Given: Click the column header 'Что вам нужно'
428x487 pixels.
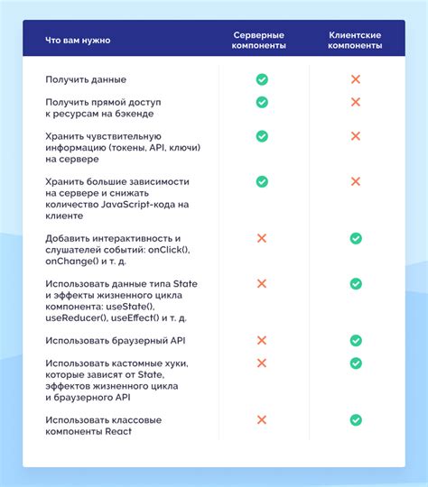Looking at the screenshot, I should pyautogui.click(x=79, y=41).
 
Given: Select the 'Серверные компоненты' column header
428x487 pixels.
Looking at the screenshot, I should pyautogui.click(x=261, y=41).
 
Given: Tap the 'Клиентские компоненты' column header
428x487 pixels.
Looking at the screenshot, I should pyautogui.click(x=355, y=41).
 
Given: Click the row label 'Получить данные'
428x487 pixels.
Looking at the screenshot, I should pyautogui.click(x=86, y=80).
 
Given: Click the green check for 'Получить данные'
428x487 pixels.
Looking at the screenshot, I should pyautogui.click(x=262, y=80).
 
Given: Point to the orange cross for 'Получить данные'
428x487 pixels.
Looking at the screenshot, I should pyautogui.click(x=356, y=80).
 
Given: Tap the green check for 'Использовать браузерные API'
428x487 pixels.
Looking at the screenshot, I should pyautogui.click(x=356, y=341).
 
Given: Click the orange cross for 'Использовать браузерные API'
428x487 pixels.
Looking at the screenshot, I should pyautogui.click(x=262, y=341).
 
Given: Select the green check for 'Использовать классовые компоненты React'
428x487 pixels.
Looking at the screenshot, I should pyautogui.click(x=356, y=420).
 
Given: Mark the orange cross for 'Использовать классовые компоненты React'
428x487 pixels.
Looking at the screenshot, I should pyautogui.click(x=262, y=420).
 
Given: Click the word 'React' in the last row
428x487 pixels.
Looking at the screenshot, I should pyautogui.click(x=118, y=432).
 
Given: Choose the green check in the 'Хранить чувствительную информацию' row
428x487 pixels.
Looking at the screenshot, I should pyautogui.click(x=262, y=136).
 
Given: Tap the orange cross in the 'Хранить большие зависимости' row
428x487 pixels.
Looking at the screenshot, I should pyautogui.click(x=356, y=181).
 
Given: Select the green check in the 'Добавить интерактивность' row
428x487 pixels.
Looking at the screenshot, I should pyautogui.click(x=356, y=238).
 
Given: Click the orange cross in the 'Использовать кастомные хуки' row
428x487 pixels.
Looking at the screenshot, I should pyautogui.click(x=262, y=363).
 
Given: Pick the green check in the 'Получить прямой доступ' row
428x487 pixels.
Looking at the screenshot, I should pyautogui.click(x=262, y=102).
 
